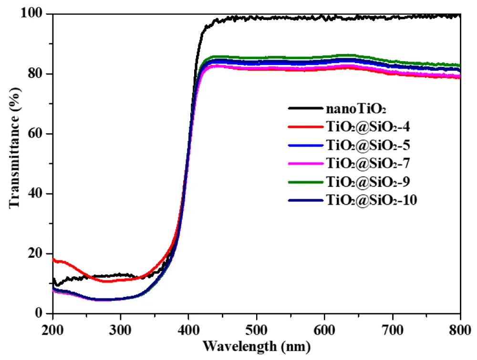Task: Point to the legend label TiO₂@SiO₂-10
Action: pyautogui.click(x=372, y=201)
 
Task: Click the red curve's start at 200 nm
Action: pyautogui.click(x=53, y=259)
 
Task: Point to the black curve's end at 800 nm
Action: pyautogui.click(x=460, y=15)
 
